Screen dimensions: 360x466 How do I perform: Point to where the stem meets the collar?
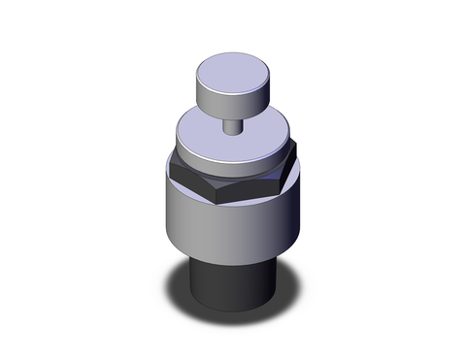233,132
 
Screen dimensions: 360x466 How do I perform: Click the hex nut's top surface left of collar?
176,162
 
